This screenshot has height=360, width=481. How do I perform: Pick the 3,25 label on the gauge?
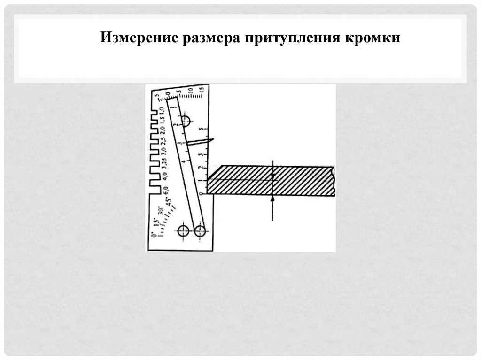point(164,160)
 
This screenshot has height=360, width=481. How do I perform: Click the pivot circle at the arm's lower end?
point(200,230)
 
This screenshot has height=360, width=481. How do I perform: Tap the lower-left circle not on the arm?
point(183,230)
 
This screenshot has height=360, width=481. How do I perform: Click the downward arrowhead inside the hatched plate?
point(272,175)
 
